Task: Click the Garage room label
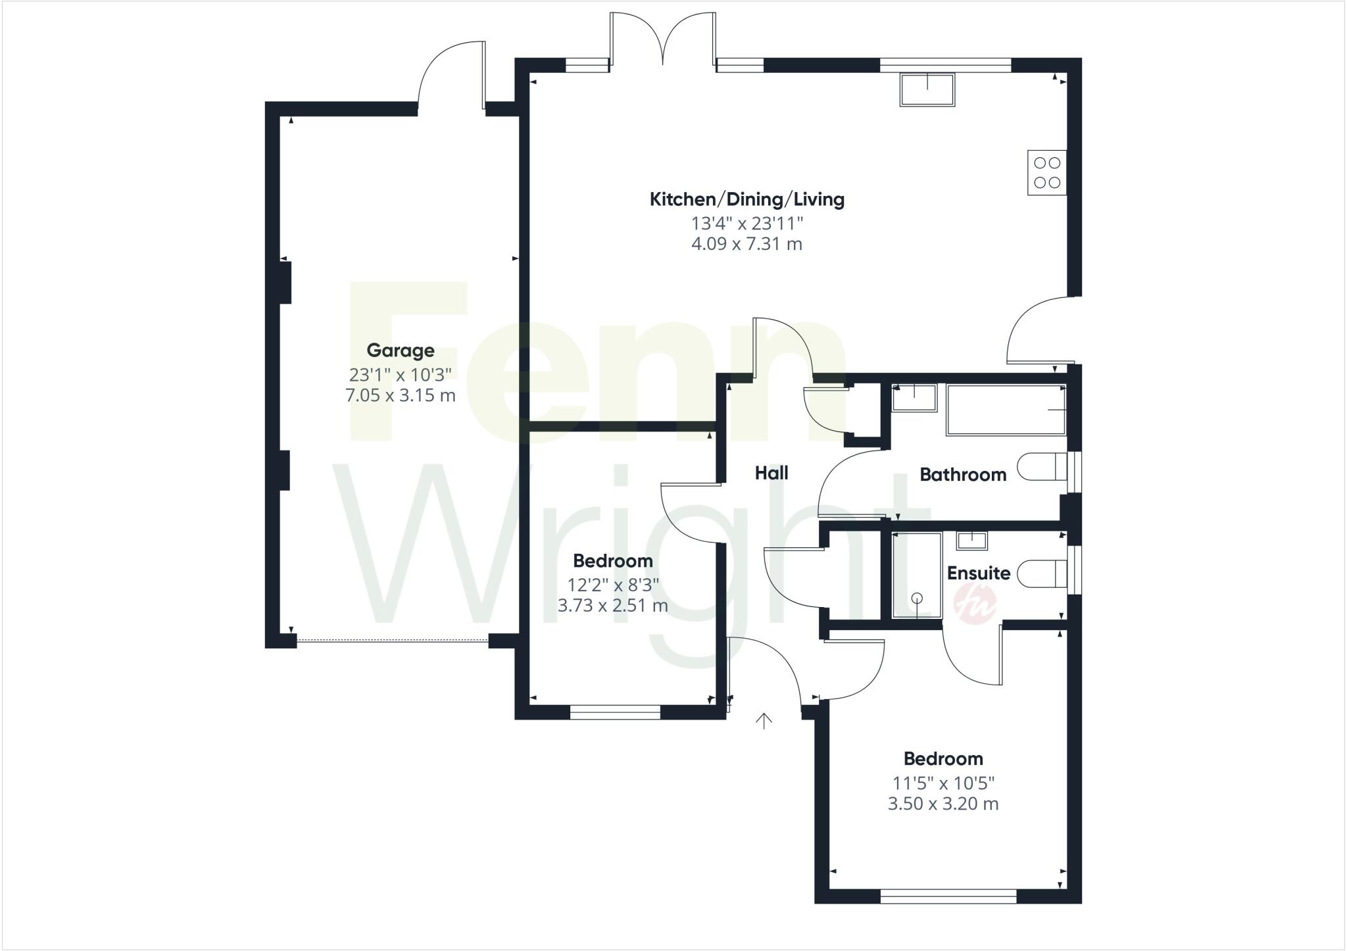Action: (x=400, y=351)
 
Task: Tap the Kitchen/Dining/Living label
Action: (x=747, y=199)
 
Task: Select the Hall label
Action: (x=771, y=473)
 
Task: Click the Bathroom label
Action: (x=962, y=475)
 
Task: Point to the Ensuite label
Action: (x=978, y=573)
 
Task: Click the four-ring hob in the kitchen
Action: (x=1046, y=172)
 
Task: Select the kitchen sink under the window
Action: (x=927, y=90)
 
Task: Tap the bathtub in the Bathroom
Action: (x=1005, y=410)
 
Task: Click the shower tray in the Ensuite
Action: (x=916, y=575)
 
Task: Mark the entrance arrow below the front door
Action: (x=764, y=721)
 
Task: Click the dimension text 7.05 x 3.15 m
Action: (x=400, y=396)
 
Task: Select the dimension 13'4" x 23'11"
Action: (x=747, y=224)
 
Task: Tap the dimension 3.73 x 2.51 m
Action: (x=612, y=606)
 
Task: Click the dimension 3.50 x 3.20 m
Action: (x=943, y=804)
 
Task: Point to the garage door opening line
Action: (x=392, y=641)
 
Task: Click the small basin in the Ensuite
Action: (x=971, y=541)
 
